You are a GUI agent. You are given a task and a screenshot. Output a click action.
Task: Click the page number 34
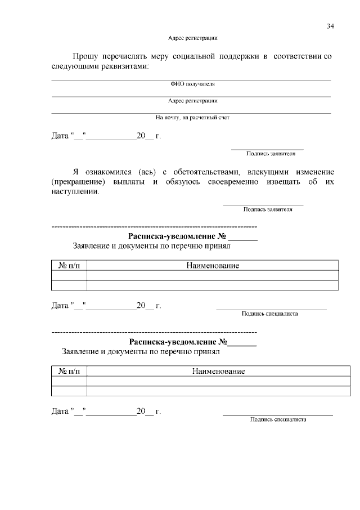point(330,26)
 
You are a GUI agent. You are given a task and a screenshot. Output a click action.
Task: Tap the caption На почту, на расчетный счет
point(193,118)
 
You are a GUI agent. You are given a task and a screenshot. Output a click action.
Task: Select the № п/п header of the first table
point(69,265)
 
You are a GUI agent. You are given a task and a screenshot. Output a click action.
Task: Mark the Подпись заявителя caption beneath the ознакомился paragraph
point(267,209)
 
